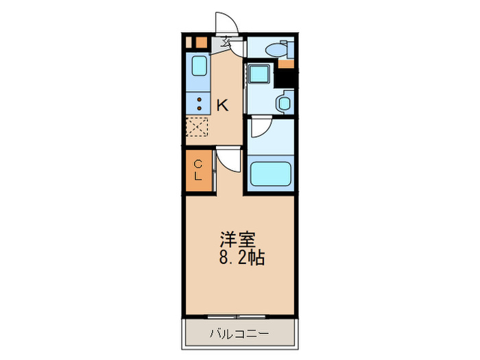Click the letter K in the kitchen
coord(222,106)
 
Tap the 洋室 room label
coord(237,241)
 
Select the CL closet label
coord(197,169)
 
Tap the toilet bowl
coord(274,49)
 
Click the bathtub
coord(271,173)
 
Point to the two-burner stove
coord(199,104)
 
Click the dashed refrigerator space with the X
coord(197,128)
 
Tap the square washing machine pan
coord(259,73)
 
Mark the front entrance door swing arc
coord(226,23)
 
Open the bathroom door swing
coord(261,129)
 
